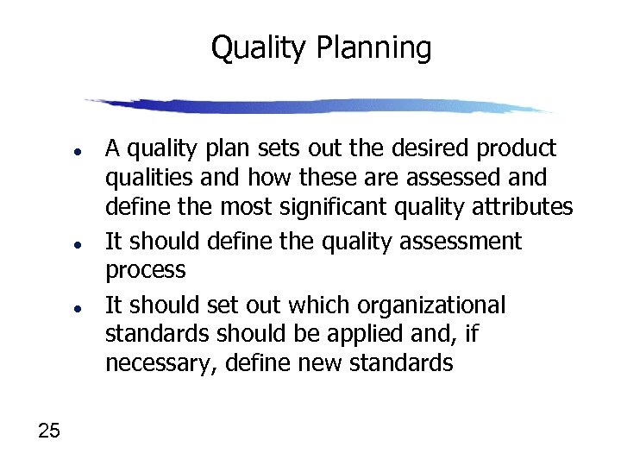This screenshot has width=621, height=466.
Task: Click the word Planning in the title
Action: [x=373, y=49]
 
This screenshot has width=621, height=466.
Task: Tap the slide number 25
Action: [x=49, y=431]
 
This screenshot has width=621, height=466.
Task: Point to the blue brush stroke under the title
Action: [x=319, y=106]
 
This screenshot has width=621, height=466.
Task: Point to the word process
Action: [x=145, y=270]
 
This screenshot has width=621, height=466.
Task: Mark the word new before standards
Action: [x=318, y=363]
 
